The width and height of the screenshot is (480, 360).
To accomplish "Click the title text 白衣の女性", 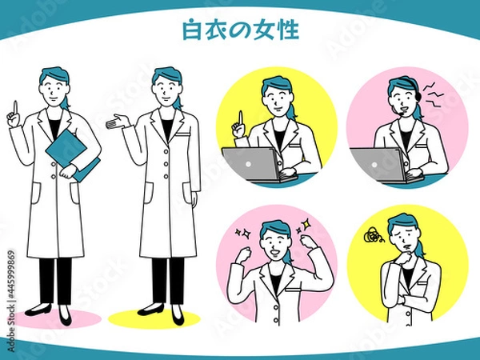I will click(x=241, y=31).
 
